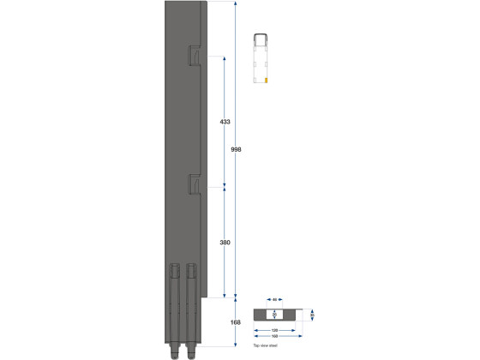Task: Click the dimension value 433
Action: (225, 123)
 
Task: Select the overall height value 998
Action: (237, 149)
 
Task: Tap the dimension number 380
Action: (225, 243)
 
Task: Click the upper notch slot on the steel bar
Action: (195, 58)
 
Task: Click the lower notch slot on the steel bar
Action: (195, 183)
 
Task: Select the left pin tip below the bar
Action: (175, 351)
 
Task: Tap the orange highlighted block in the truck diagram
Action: (267, 79)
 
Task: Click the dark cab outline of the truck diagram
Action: (261, 38)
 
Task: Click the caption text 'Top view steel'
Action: (266, 345)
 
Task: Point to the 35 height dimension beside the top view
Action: (313, 315)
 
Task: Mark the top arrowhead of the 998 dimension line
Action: (237, 3)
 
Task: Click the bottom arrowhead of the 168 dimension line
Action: (237, 345)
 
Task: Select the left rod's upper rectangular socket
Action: (175, 270)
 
